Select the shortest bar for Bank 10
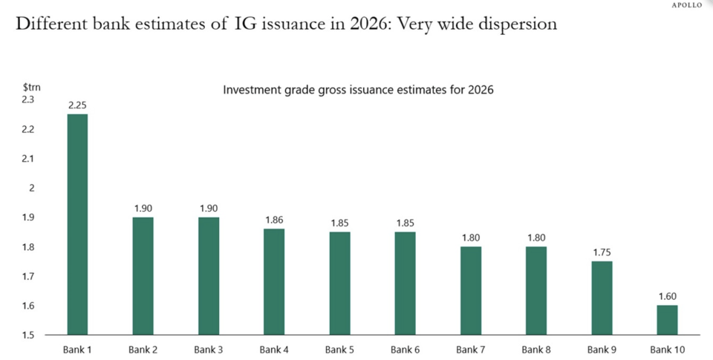[667, 320]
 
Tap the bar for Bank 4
[273, 282]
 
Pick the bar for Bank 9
[602, 298]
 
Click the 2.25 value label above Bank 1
[78, 105]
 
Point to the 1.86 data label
[273, 220]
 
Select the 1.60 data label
[667, 296]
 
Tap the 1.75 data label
[602, 252]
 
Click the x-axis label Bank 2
[143, 350]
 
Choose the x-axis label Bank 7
[471, 350]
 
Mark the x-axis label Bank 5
[339, 350]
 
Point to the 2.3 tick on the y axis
[29, 99]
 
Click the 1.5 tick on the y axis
[29, 336]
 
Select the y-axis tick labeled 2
[32, 188]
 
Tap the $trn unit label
[30, 87]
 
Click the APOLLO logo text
[686, 5]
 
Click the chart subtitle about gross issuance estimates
[359, 90]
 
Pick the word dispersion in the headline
[513, 24]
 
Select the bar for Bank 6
[405, 284]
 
